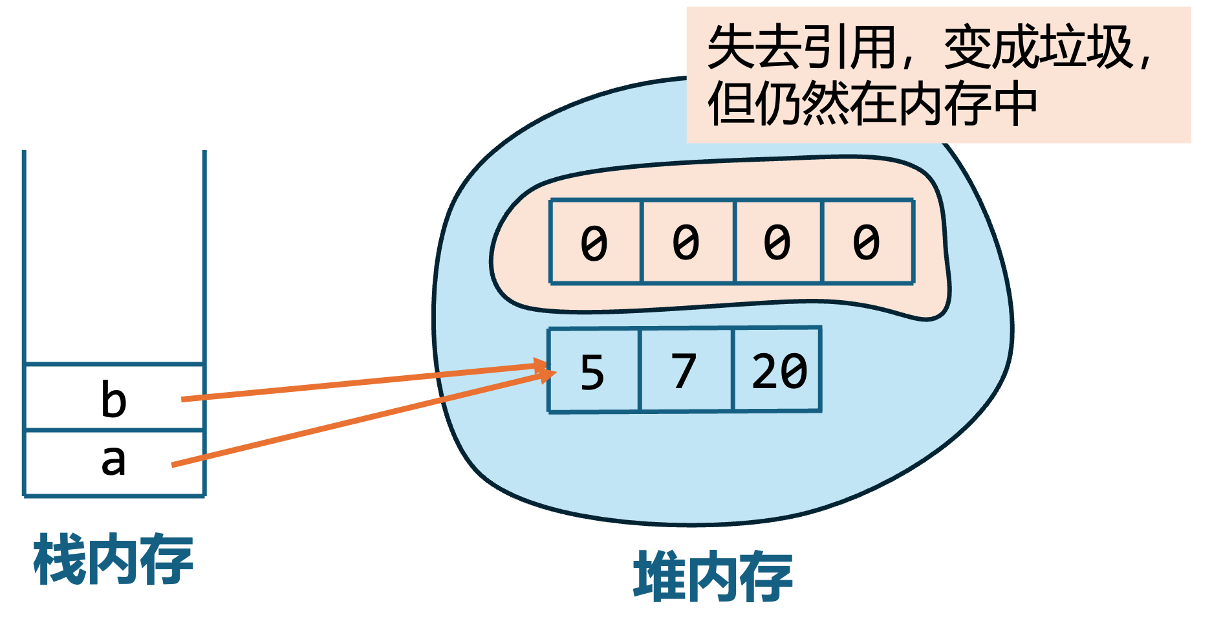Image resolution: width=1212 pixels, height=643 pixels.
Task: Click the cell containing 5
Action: tap(593, 371)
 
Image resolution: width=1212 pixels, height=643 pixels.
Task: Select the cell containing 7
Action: tap(686, 371)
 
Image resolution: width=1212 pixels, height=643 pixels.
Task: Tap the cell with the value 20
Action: tap(778, 371)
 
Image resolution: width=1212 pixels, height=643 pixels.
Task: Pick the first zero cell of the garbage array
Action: tap(594, 242)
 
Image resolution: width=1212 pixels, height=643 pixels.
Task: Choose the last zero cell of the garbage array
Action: tap(867, 242)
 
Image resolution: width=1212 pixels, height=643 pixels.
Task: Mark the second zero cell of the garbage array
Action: tap(686, 242)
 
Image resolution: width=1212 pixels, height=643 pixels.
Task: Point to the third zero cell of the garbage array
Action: tap(777, 242)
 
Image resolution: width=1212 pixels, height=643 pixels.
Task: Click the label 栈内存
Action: tap(113, 560)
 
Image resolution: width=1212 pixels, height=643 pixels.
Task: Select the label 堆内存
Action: tap(713, 576)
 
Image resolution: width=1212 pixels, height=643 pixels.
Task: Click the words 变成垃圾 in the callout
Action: tap(1038, 47)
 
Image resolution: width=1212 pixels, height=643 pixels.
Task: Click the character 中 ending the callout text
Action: tap(1014, 104)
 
